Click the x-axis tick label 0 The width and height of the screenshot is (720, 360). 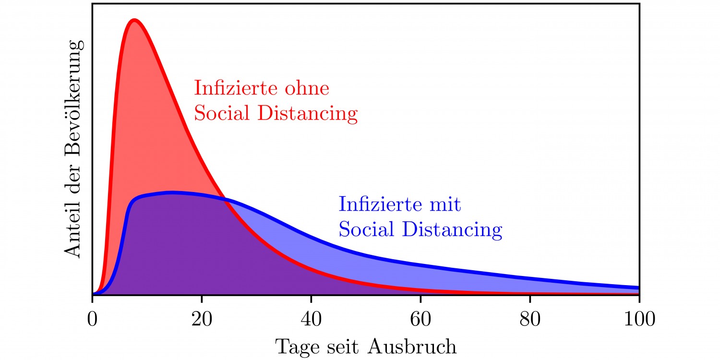point(92,319)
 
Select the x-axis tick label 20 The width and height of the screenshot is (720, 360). point(202,319)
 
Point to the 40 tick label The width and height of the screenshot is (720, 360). point(311,319)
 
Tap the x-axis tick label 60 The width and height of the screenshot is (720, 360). point(420,319)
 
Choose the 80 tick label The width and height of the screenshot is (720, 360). point(530,319)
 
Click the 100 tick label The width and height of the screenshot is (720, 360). point(639,319)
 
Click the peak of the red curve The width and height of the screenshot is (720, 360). point(134,20)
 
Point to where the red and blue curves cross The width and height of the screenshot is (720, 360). point(226,200)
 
